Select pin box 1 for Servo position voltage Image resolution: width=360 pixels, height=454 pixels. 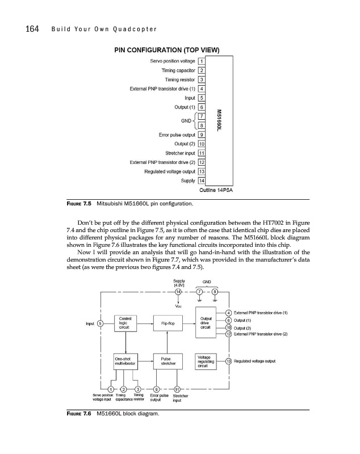(202, 61)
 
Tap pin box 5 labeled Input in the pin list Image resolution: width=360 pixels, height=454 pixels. (202, 98)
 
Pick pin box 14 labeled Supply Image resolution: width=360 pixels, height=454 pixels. (202, 181)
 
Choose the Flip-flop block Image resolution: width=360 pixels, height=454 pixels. (167, 323)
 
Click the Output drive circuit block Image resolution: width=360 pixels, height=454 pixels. (207, 323)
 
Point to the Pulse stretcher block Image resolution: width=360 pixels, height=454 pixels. (167, 362)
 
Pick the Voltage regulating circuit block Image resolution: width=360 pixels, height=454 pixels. (207, 362)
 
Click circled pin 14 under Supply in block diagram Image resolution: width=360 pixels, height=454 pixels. (178, 292)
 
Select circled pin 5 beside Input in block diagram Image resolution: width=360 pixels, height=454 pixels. (101, 323)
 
